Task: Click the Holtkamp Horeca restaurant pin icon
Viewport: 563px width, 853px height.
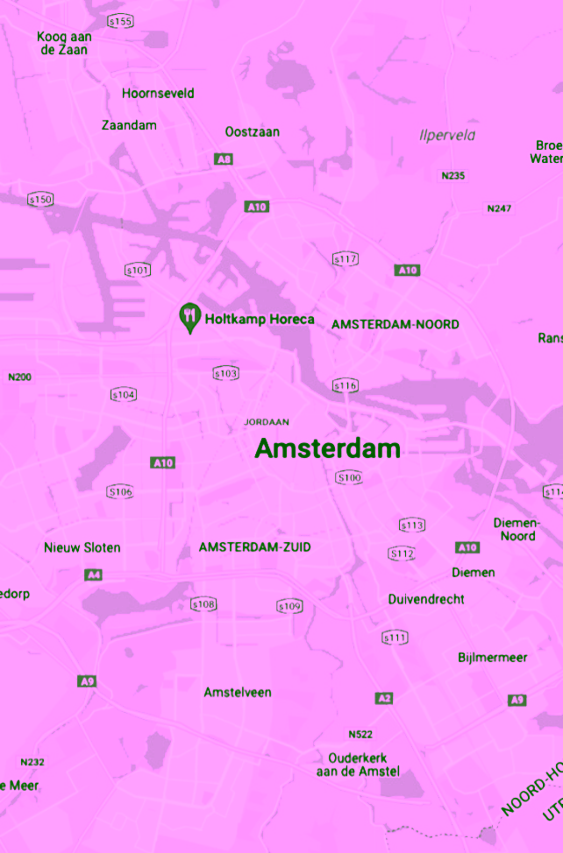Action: pyautogui.click(x=189, y=317)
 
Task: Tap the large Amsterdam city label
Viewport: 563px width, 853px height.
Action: pyautogui.click(x=327, y=448)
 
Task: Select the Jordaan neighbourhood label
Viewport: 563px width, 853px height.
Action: pyautogui.click(x=267, y=422)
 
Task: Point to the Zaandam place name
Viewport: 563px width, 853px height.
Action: pyautogui.click(x=129, y=125)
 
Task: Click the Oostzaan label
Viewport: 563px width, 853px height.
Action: pyautogui.click(x=253, y=131)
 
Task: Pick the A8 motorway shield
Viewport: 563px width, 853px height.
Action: pyautogui.click(x=224, y=159)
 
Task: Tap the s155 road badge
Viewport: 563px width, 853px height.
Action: pyautogui.click(x=120, y=21)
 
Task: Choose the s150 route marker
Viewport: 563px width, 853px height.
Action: pyautogui.click(x=40, y=200)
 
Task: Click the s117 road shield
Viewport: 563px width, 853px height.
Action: pyautogui.click(x=346, y=259)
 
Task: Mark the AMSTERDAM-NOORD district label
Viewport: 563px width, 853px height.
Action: pyautogui.click(x=395, y=324)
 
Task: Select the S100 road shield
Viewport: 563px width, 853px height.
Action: pyautogui.click(x=349, y=477)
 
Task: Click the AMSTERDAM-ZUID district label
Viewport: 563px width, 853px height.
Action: pyautogui.click(x=254, y=547)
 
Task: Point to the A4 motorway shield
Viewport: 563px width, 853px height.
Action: pyautogui.click(x=93, y=575)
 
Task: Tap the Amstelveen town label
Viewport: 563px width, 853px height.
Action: pyautogui.click(x=238, y=692)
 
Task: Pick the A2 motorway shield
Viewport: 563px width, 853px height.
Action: pyautogui.click(x=384, y=698)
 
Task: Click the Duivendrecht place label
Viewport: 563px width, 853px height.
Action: pyautogui.click(x=426, y=599)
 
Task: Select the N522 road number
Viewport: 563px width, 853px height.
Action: pyautogui.click(x=360, y=734)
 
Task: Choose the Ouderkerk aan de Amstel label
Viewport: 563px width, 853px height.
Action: pyautogui.click(x=358, y=765)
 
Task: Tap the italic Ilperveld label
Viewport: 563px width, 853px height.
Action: pyautogui.click(x=447, y=135)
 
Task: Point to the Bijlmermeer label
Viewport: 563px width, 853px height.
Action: pyautogui.click(x=493, y=657)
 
